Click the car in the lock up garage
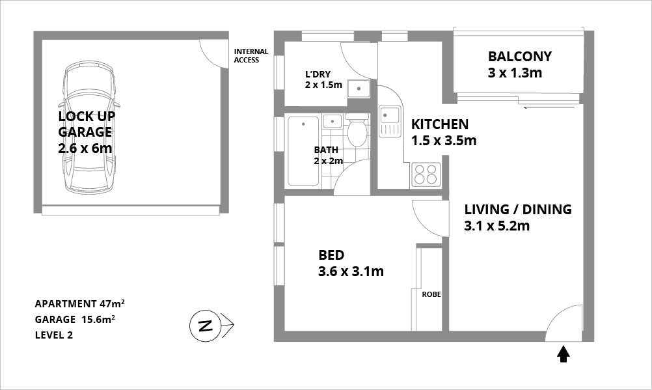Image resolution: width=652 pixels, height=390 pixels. click(x=89, y=128)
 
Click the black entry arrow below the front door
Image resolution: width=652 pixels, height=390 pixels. click(x=564, y=354)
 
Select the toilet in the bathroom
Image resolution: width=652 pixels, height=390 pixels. click(x=357, y=130)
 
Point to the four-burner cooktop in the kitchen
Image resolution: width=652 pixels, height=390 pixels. click(x=426, y=174)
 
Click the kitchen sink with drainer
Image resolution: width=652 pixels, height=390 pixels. click(x=390, y=122)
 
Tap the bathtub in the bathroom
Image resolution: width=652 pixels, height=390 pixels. click(x=303, y=150)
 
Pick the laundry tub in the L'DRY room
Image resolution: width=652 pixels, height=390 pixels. click(x=359, y=89)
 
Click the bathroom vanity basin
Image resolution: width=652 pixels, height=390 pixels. click(x=333, y=121)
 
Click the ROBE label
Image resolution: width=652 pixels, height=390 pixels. click(x=431, y=294)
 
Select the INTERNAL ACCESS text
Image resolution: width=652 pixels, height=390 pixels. click(x=251, y=56)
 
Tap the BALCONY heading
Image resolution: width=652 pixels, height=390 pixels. click(x=520, y=56)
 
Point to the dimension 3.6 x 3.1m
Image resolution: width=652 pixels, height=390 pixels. click(x=351, y=272)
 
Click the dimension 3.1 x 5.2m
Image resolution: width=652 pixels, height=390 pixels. click(x=497, y=226)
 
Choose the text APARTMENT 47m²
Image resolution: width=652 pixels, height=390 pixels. click(x=79, y=303)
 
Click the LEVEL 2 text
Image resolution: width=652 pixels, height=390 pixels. click(x=53, y=335)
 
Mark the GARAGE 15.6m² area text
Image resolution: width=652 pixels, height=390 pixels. click(x=75, y=319)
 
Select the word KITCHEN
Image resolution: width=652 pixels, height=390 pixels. click(x=440, y=124)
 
